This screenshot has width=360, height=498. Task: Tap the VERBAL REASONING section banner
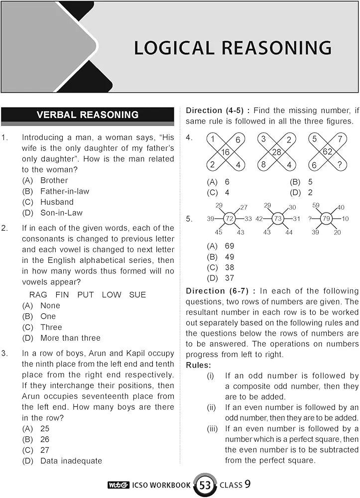[88, 115]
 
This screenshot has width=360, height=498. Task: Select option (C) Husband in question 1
[57, 202]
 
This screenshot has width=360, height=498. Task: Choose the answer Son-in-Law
[61, 213]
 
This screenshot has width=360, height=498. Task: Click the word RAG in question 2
[39, 295]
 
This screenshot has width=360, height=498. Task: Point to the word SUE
[137, 295]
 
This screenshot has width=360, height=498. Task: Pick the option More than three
[70, 338]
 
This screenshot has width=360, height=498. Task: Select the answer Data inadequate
[71, 461]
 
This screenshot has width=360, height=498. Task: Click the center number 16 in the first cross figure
[226, 152]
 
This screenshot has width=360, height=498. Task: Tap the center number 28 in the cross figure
[276, 152]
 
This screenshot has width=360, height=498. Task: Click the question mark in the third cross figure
[340, 165]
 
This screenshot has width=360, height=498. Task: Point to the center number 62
[327, 152]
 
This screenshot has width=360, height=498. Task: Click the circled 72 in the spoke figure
[230, 219]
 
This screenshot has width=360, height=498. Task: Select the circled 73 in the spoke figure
[278, 219]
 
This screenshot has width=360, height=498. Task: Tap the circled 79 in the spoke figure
[327, 219]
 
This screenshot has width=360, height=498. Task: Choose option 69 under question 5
[229, 246]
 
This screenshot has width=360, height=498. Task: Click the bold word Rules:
[198, 366]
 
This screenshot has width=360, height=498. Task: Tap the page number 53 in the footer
[204, 485]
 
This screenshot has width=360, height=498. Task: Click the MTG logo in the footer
[118, 485]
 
